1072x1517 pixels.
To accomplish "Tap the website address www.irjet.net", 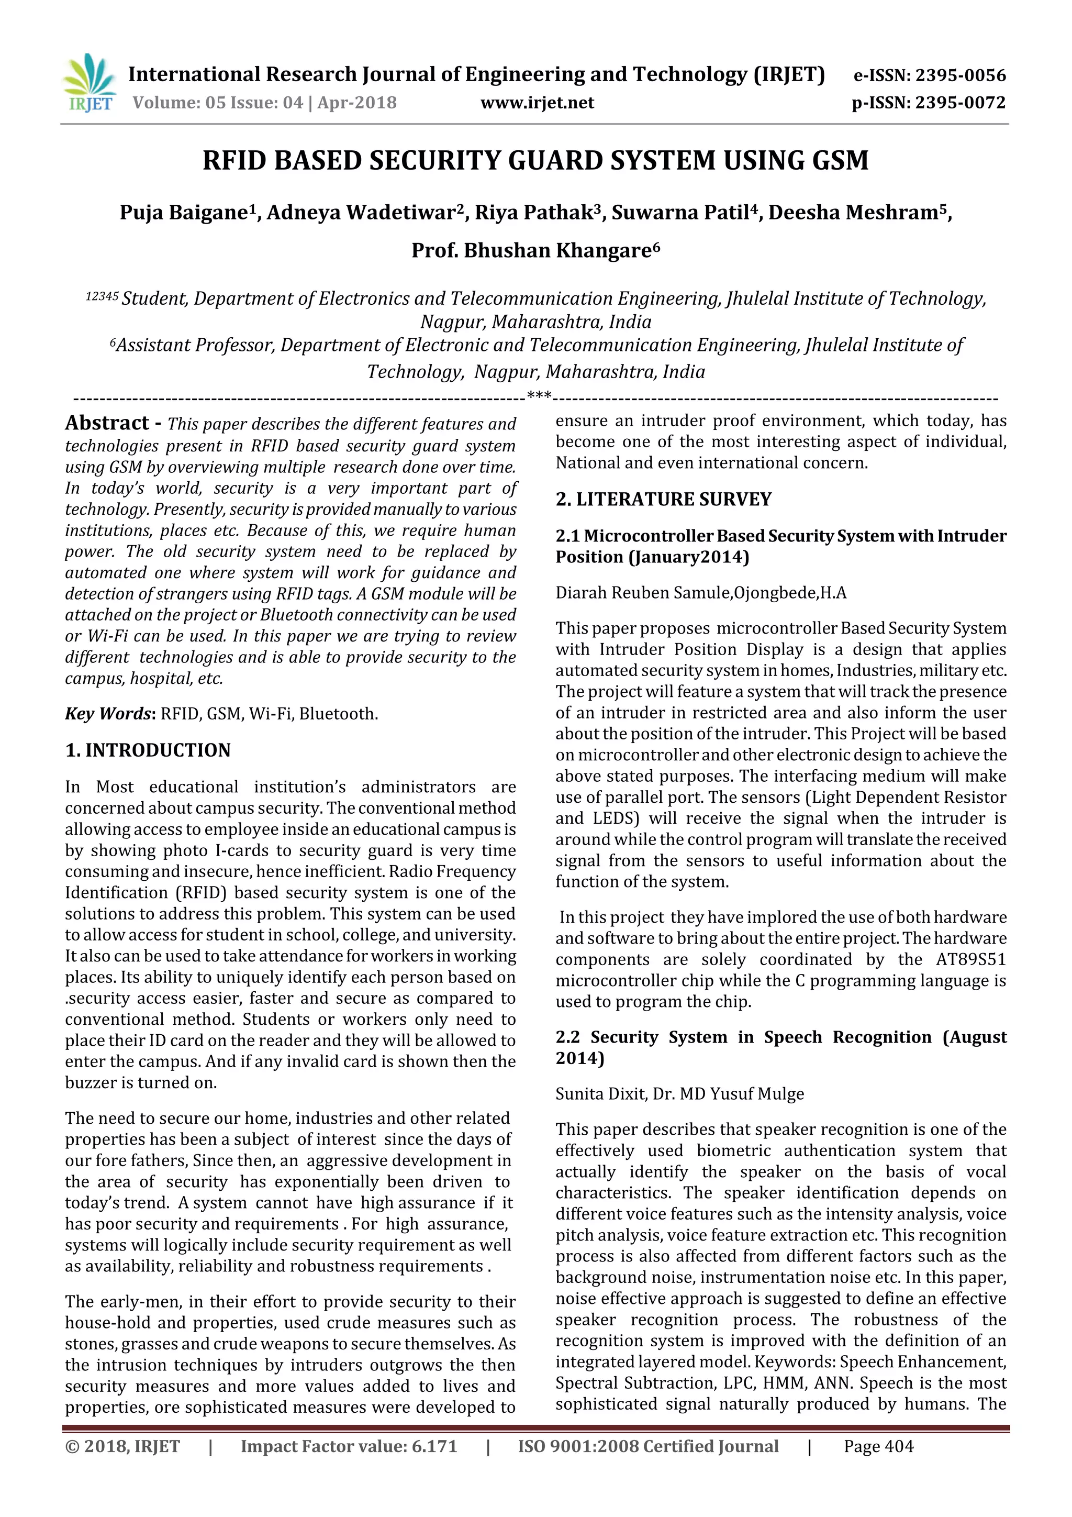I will pos(537,103).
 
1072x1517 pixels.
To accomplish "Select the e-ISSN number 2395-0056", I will pos(959,75).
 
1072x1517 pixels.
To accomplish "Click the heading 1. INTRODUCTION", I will pos(148,750).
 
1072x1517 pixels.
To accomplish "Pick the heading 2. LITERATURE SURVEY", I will pos(663,499).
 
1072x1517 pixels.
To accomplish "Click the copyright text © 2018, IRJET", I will pos(123,1446).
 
